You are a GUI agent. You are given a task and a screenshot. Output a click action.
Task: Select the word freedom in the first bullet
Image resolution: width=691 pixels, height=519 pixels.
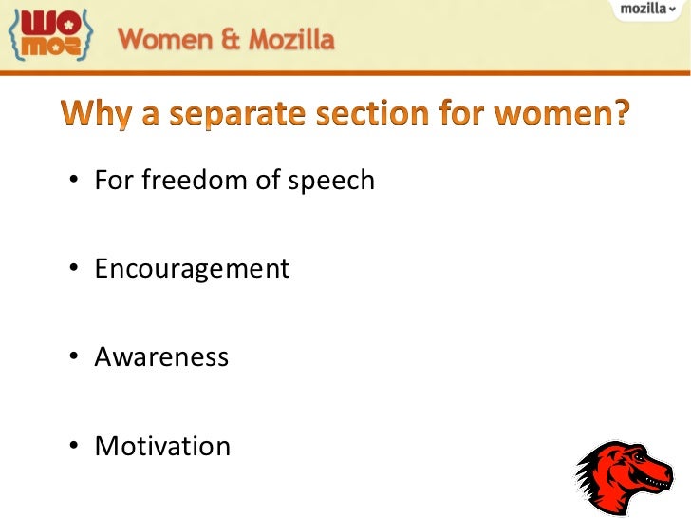click(195, 180)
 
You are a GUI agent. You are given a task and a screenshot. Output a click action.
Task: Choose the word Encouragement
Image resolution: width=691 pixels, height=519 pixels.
click(192, 269)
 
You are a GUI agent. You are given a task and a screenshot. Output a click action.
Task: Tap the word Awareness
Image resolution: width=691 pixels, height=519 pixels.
click(161, 357)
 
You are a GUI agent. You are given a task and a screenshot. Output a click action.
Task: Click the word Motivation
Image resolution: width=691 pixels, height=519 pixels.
click(162, 446)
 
